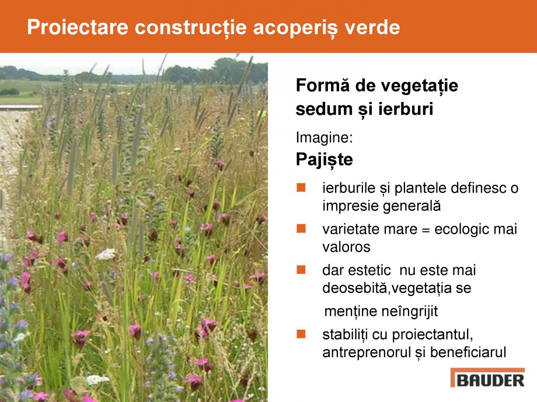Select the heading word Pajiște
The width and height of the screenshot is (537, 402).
click(324, 159)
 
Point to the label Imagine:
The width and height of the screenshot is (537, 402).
click(323, 138)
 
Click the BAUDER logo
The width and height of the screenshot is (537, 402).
click(487, 379)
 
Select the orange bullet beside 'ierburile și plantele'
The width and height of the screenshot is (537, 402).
click(301, 188)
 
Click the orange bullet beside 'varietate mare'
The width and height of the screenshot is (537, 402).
click(301, 229)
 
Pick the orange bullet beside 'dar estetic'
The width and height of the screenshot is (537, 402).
click(301, 270)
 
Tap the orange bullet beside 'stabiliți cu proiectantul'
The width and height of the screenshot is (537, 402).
click(301, 334)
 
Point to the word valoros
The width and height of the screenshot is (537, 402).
click(346, 247)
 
